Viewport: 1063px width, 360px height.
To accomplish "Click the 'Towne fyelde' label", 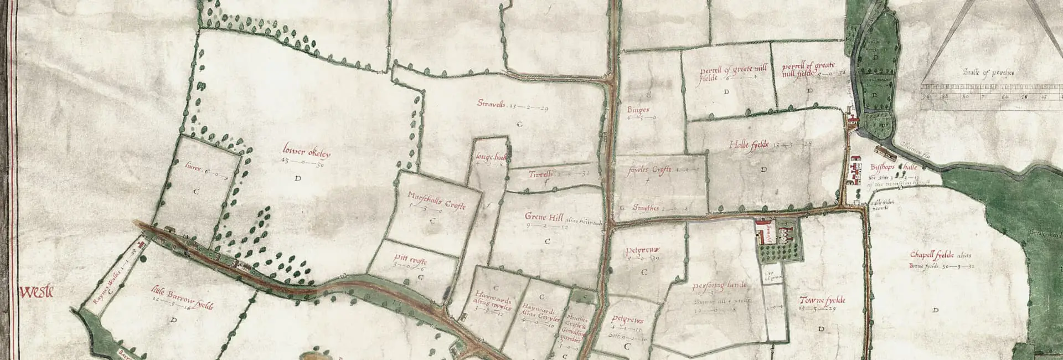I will [x=822, y=301].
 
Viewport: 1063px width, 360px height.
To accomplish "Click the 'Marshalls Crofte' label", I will [x=436, y=201].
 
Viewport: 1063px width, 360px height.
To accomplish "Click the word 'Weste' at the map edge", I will [x=37, y=291].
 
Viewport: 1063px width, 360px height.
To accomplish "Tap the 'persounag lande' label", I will [x=719, y=286].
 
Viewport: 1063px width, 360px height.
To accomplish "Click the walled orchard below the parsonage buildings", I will [x=780, y=253].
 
